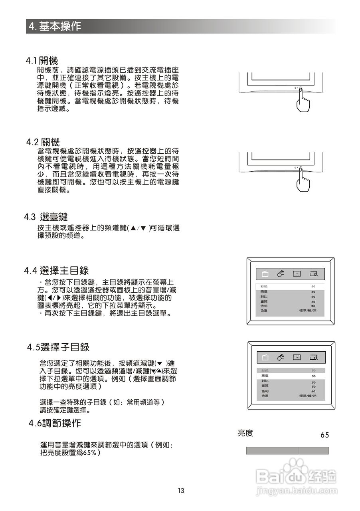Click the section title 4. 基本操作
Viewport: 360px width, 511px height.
click(55, 26)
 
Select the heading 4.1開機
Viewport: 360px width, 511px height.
click(42, 61)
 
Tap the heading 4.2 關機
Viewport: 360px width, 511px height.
click(43, 142)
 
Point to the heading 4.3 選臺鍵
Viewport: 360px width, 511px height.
click(46, 217)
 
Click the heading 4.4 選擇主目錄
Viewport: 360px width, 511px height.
click(56, 271)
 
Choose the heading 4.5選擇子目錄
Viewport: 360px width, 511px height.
click(58, 347)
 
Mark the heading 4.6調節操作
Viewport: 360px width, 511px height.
click(55, 423)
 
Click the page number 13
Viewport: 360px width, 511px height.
click(181, 491)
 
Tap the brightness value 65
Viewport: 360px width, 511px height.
click(324, 435)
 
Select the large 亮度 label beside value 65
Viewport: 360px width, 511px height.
click(245, 433)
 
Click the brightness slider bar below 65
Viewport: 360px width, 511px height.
click(287, 451)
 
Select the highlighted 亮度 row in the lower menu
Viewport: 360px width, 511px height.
click(290, 376)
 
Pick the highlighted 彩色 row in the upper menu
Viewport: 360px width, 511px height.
click(290, 287)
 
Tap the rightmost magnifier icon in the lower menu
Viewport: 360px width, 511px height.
click(313, 357)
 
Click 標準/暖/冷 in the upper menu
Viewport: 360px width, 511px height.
click(308, 310)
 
